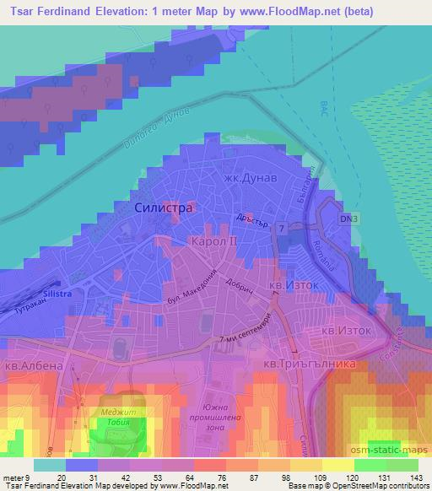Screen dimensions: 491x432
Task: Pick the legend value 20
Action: (x=62, y=478)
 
